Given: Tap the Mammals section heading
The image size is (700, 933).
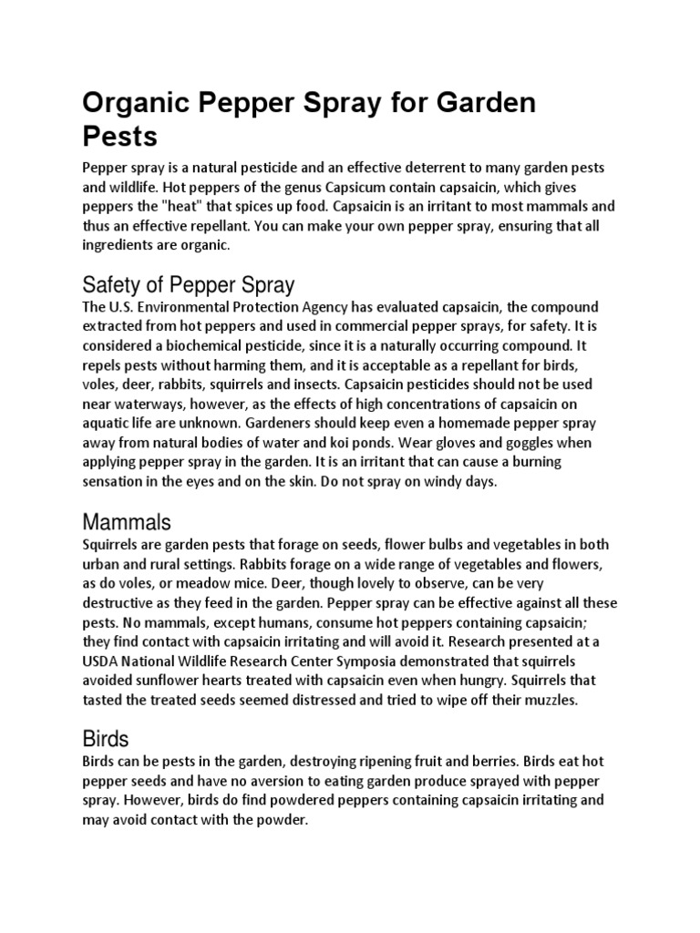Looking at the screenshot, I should pos(127,522).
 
